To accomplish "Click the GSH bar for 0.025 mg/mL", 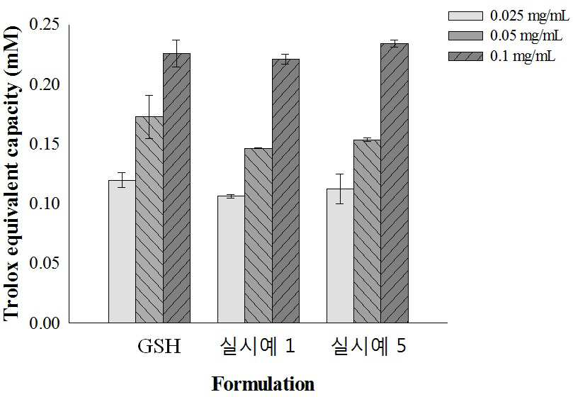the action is [122, 252].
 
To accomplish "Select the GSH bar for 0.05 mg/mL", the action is [149, 220].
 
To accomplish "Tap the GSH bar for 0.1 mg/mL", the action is [177, 188].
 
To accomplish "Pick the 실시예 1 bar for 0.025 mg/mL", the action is [232, 259].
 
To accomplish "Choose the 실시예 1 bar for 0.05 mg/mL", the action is [259, 235].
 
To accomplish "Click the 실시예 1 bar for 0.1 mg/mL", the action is [285, 191].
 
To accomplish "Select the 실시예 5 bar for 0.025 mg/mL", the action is [340, 256].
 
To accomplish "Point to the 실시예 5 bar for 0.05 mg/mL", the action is [368, 231].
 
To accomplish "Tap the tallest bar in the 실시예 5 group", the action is [395, 184].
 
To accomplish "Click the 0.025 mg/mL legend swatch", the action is [465, 16].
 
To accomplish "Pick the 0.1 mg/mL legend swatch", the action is [465, 56].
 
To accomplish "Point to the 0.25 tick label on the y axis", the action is [44, 25].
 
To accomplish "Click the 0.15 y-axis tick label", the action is [44, 144].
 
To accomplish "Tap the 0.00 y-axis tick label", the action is [44, 323].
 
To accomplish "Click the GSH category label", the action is [159, 346].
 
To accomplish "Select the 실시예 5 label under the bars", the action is [368, 346].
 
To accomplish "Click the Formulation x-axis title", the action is [263, 384].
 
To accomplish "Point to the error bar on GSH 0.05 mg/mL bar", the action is [149, 117].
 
